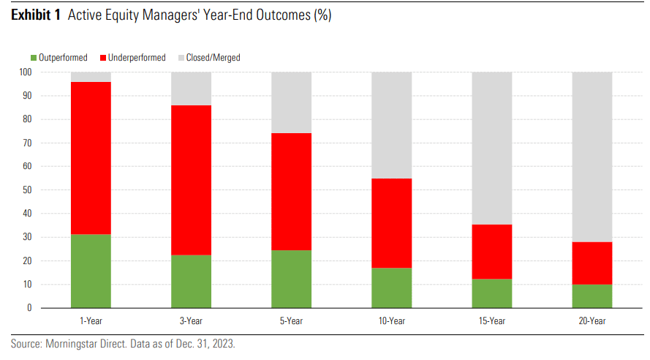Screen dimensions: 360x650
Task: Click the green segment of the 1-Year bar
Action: pyautogui.click(x=91, y=271)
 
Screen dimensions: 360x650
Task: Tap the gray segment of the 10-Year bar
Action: pyautogui.click(x=391, y=125)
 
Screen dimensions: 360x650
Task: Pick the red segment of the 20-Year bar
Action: pyautogui.click(x=592, y=263)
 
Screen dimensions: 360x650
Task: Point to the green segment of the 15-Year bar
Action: pyautogui.click(x=491, y=293)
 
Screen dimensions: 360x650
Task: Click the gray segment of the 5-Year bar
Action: pyautogui.click(x=291, y=102)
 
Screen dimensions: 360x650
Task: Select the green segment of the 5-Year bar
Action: pyautogui.click(x=291, y=279)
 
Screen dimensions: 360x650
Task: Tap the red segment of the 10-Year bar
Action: pyautogui.click(x=391, y=223)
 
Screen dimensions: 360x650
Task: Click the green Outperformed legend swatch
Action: pyautogui.click(x=33, y=58)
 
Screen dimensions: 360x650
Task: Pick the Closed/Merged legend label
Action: pyautogui.click(x=213, y=58)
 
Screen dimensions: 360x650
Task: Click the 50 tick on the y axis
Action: pyautogui.click(x=27, y=190)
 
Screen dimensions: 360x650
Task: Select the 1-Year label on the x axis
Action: pyautogui.click(x=91, y=321)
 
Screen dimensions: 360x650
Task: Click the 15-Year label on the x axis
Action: pyautogui.click(x=491, y=321)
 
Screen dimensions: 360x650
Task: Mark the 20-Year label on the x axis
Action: pyautogui.click(x=592, y=321)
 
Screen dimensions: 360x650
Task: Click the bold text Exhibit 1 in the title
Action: pyautogui.click(x=35, y=16)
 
